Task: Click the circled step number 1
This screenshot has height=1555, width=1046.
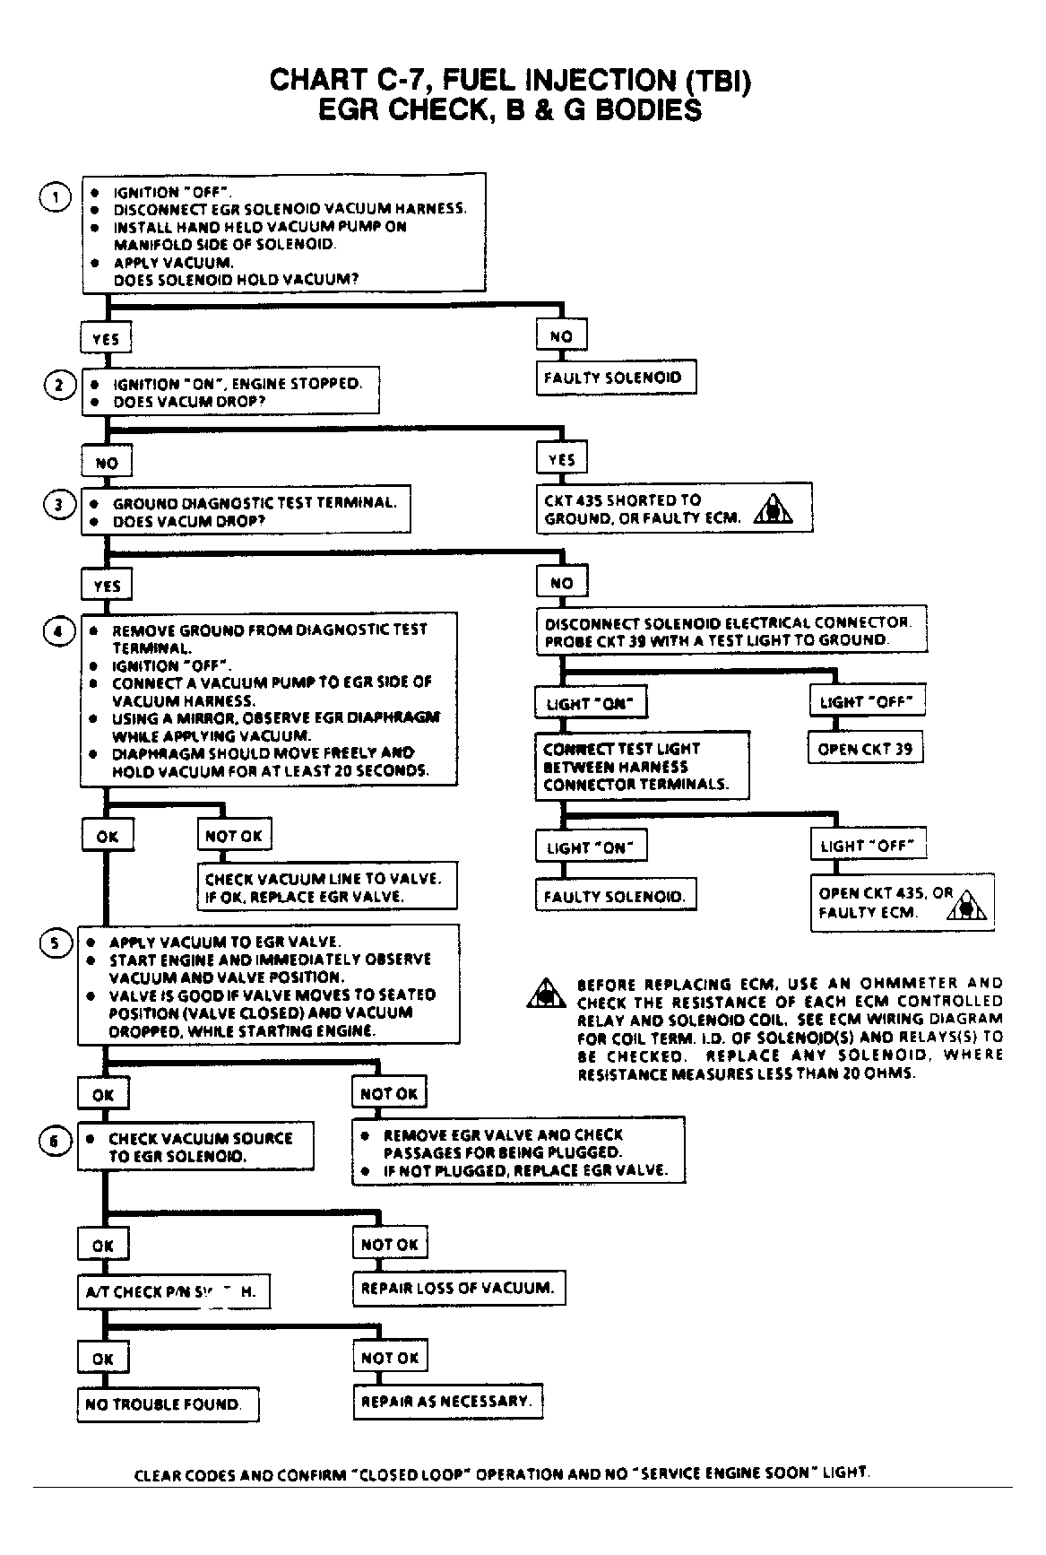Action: click(56, 197)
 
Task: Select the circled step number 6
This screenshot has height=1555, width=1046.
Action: click(55, 1140)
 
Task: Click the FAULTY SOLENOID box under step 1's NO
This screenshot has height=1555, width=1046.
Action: click(616, 378)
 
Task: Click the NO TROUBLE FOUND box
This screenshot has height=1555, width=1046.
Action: click(168, 1403)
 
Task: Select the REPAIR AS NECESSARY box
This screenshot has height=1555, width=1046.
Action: click(447, 1401)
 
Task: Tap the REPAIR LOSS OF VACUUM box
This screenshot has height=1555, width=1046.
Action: click(458, 1289)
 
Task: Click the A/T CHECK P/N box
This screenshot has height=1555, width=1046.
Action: click(171, 1292)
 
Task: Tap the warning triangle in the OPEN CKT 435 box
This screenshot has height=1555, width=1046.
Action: click(966, 906)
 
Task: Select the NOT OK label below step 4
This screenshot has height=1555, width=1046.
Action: click(234, 836)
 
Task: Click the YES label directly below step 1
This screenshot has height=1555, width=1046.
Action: click(106, 339)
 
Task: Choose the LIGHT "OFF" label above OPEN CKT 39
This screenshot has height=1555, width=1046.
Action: click(867, 702)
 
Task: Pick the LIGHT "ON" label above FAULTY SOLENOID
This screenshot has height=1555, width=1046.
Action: click(591, 847)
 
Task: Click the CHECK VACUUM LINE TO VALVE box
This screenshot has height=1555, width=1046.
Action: click(326, 887)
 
